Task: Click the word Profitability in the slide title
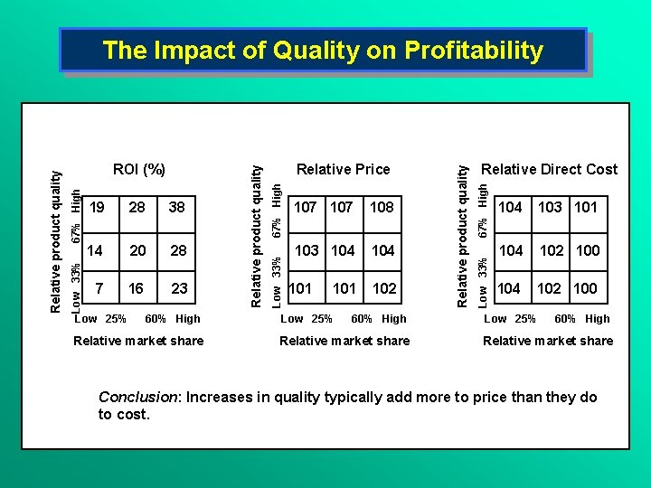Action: (473, 51)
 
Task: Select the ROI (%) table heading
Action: (138, 169)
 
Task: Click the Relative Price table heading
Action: (343, 169)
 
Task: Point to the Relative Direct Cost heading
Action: (549, 169)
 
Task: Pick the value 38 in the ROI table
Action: (176, 207)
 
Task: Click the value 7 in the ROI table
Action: (99, 288)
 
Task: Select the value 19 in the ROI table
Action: (99, 207)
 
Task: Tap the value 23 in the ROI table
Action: (180, 288)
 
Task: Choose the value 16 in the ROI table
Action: (137, 288)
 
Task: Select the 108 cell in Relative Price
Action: (382, 207)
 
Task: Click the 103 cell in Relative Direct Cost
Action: (550, 207)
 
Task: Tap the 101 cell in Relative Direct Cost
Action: (586, 207)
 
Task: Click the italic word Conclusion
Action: (131, 398)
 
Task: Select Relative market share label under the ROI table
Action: (138, 341)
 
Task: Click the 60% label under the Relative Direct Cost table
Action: (565, 319)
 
